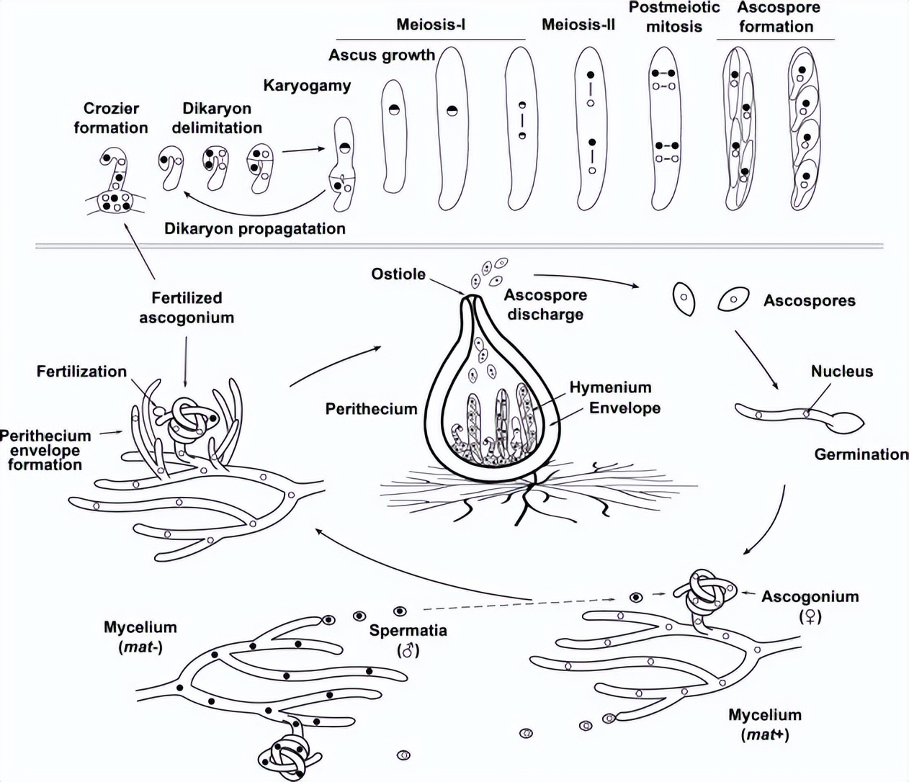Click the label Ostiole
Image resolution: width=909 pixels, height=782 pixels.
398,274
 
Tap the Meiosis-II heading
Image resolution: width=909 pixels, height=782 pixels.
578,25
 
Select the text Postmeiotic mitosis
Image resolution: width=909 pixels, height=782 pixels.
673,17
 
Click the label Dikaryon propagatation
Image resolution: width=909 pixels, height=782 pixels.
255,229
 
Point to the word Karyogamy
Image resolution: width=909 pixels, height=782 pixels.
307,86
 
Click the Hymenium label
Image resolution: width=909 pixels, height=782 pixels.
609,387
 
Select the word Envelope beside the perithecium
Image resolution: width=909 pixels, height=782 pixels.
624,408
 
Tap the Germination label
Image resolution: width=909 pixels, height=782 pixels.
861,454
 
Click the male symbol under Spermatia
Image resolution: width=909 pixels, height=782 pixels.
408,651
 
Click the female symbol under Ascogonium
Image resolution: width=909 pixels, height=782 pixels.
810,617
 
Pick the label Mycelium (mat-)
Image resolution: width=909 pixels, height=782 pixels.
140,637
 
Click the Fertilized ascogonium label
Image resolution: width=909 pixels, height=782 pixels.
187,307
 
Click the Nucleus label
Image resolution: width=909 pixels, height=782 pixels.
841,372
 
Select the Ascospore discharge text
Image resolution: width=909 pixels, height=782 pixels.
545,305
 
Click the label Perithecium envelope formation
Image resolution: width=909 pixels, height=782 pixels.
45,450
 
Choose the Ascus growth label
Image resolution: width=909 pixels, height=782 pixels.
382,55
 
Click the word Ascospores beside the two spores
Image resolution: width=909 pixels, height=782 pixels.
809,301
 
